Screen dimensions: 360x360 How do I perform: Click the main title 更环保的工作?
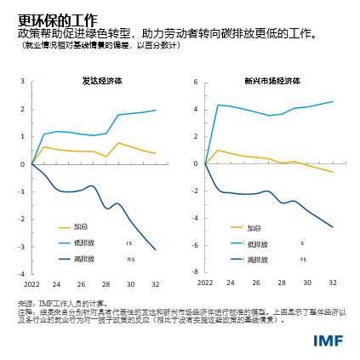click(x=57, y=20)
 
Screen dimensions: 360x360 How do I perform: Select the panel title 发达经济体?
click(x=101, y=81)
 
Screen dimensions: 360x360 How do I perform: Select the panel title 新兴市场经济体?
click(x=270, y=81)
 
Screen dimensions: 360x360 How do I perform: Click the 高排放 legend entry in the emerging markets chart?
click(x=257, y=258)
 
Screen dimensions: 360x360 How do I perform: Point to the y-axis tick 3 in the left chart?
click(x=22, y=82)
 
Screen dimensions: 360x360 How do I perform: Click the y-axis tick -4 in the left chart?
click(x=21, y=274)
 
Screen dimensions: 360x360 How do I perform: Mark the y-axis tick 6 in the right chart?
click(x=195, y=82)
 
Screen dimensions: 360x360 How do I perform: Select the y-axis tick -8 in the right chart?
click(x=194, y=274)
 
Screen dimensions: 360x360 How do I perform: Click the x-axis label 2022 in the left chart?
click(x=31, y=283)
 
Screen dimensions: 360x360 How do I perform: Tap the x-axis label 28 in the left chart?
click(x=106, y=283)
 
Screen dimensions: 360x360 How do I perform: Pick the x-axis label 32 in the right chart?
click(x=333, y=283)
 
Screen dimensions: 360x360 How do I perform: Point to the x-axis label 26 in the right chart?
click(x=256, y=283)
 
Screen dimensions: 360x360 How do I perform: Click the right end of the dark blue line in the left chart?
click(x=156, y=249)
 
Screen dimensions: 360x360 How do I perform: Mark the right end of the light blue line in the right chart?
click(x=333, y=101)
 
